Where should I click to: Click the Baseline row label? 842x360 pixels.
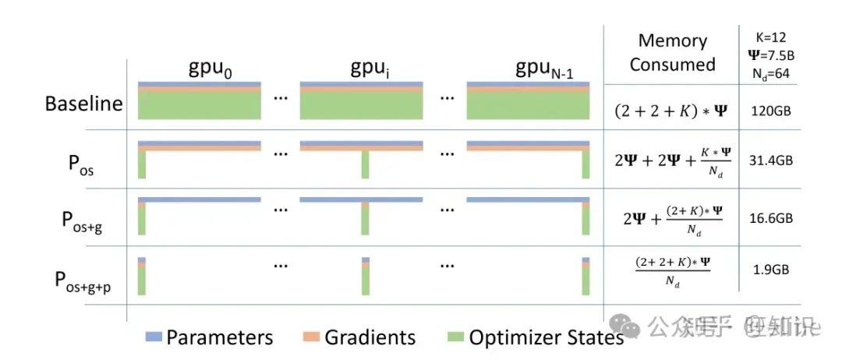coord(83,104)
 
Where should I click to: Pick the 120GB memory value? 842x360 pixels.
coord(772,111)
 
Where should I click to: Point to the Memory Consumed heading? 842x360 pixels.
coord(672,52)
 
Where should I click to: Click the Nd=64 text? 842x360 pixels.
coord(772,72)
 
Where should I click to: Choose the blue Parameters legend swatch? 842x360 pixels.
coord(154,337)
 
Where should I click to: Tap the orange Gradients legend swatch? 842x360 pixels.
coord(310,337)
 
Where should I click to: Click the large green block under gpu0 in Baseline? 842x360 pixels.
coord(200,105)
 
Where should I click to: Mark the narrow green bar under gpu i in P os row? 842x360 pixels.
coord(363,165)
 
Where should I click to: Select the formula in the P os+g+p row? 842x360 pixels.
coord(673,272)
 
